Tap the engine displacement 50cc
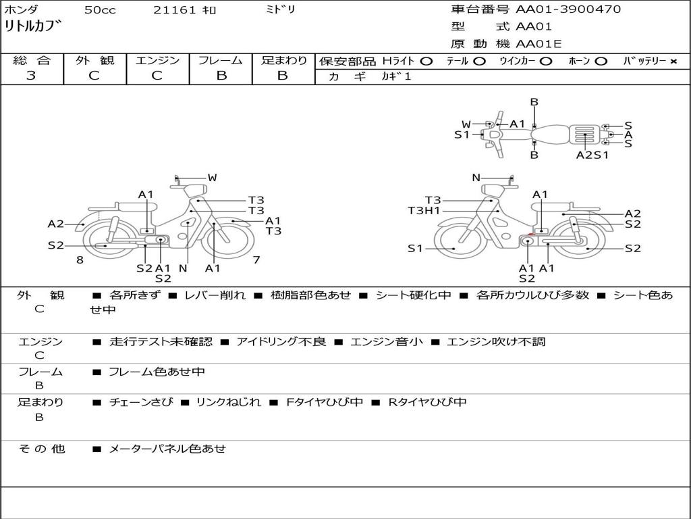coord(99,10)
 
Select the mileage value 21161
coord(175,10)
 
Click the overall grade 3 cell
coord(31,76)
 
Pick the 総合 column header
coord(31,61)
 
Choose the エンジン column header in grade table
coord(157,61)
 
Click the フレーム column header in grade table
coord(221,61)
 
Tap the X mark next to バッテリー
coord(673,61)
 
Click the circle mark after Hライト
coord(426,61)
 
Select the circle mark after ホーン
coord(601,61)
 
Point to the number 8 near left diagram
coord(80,260)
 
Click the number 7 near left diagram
coord(256,260)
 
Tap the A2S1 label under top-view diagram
coord(592,155)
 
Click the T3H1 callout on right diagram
coord(424,211)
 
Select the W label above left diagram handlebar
coord(212,178)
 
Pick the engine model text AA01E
coord(538,44)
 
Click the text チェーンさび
coord(141,403)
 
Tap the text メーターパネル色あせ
coord(167,449)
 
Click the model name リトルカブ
coord(33,27)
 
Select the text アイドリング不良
coord(281,342)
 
